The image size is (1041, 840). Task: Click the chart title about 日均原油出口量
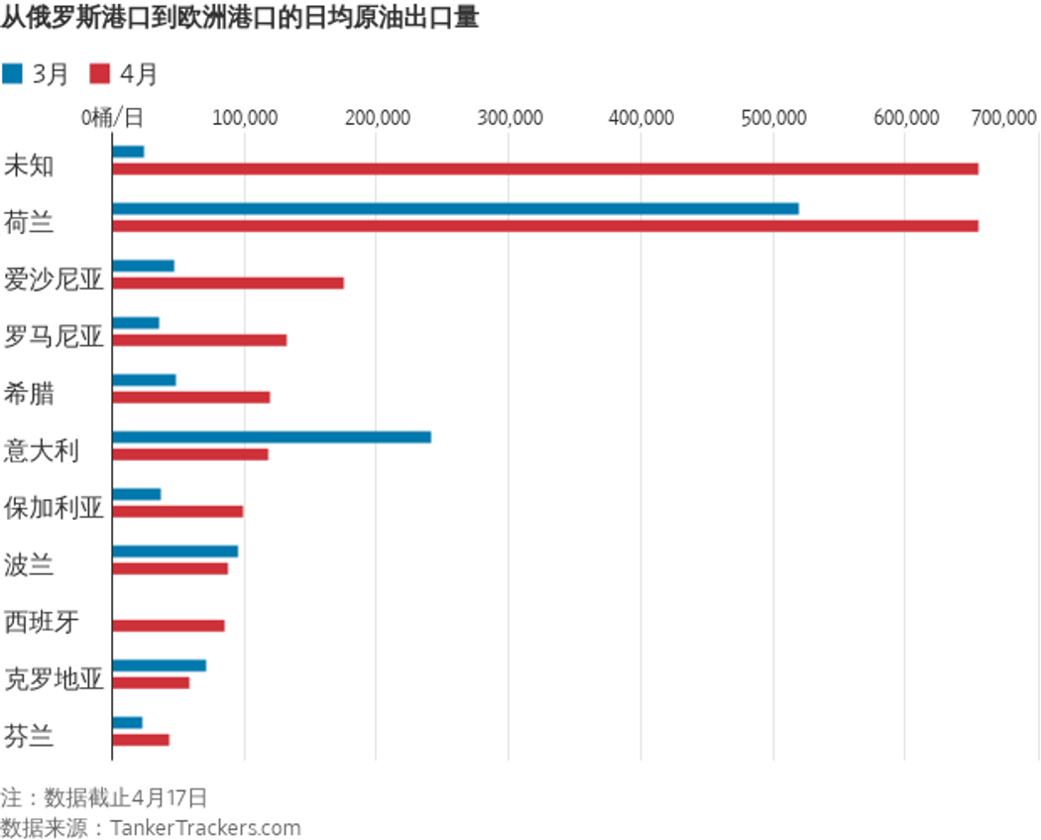tap(239, 18)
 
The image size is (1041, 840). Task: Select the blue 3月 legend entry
tap(36, 74)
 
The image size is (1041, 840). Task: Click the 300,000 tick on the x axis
tap(509, 118)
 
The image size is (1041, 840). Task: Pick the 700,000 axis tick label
tap(1003, 118)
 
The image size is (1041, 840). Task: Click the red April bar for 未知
tap(545, 169)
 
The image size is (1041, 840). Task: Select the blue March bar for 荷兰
tap(455, 208)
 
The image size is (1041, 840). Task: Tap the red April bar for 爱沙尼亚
tap(228, 283)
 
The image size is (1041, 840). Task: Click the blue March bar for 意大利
tap(272, 436)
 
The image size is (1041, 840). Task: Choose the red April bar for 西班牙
tap(169, 626)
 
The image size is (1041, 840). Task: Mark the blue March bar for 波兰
tap(175, 551)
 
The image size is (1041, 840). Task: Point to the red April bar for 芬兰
tap(141, 740)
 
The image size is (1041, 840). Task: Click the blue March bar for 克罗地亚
tap(160, 665)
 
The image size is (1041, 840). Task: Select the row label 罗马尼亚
tap(54, 337)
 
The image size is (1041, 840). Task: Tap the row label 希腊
tap(30, 394)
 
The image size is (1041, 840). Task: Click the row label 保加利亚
tap(54, 509)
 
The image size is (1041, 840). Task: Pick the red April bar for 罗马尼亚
tap(199, 340)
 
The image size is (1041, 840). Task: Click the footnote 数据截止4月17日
tap(104, 797)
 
